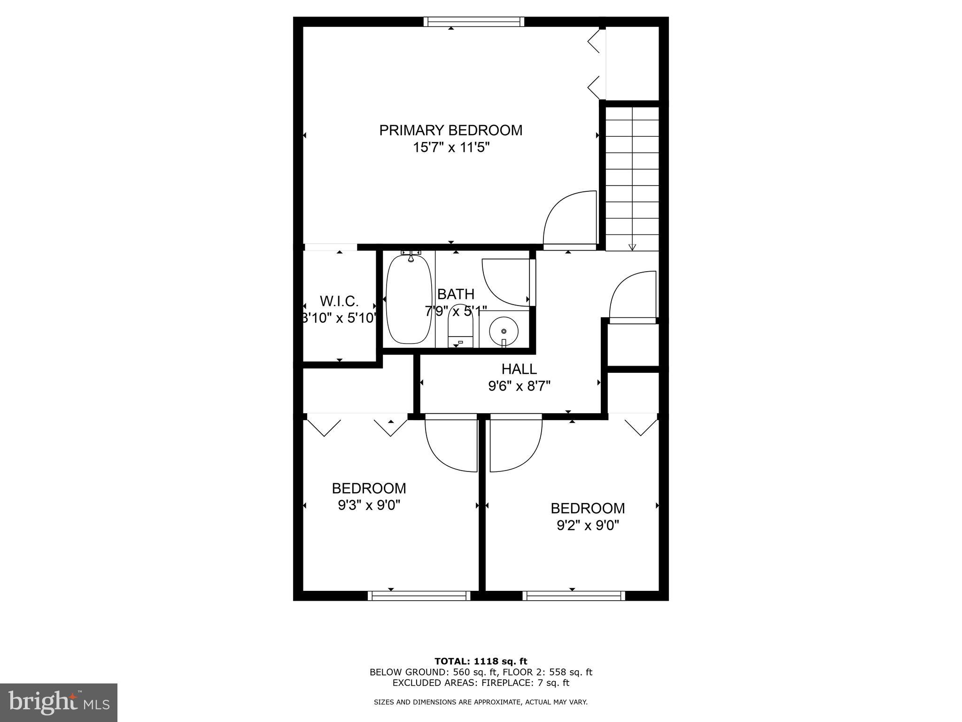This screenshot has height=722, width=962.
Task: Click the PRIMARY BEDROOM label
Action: coord(450,130)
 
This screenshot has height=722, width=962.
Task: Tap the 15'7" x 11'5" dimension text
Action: coord(450,148)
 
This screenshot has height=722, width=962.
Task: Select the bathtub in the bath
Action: coord(409,299)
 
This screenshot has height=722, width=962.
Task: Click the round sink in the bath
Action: coord(504,331)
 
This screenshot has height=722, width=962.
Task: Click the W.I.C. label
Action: coord(339,301)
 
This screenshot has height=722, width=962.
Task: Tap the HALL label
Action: coord(519,369)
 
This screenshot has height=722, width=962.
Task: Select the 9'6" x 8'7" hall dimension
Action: coord(519,386)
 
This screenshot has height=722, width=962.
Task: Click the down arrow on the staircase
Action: coord(632,246)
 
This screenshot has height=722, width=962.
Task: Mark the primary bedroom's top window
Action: coord(473,22)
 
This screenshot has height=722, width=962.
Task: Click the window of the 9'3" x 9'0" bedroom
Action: coord(419,596)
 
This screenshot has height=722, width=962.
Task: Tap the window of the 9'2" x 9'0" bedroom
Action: coord(574,596)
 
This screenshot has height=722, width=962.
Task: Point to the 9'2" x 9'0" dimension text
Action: coord(588,526)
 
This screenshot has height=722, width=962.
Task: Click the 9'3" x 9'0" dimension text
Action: coord(369,505)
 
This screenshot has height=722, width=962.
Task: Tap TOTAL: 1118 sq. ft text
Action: coord(481,662)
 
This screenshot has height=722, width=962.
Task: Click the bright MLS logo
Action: coord(59,702)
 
